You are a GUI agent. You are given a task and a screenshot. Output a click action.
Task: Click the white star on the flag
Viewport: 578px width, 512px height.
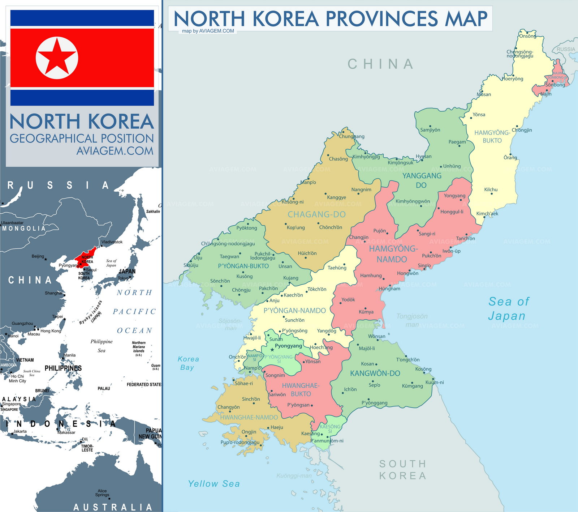[57, 58]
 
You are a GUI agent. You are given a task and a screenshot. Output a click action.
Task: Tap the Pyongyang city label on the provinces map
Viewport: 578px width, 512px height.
[288, 346]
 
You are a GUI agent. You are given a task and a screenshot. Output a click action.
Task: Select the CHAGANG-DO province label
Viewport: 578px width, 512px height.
[316, 214]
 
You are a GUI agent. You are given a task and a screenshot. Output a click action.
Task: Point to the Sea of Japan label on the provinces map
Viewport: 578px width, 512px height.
[508, 308]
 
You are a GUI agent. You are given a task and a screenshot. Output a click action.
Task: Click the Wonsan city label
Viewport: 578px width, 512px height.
[376, 336]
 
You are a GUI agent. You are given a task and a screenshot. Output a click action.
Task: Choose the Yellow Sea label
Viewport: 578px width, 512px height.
[214, 484]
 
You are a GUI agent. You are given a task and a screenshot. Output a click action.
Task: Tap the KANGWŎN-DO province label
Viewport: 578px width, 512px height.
[375, 374]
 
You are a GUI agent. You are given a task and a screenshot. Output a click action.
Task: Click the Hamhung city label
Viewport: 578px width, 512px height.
[371, 276]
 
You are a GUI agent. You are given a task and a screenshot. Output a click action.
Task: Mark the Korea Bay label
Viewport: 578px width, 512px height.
[188, 363]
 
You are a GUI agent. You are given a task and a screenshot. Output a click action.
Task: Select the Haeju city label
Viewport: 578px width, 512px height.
[277, 427]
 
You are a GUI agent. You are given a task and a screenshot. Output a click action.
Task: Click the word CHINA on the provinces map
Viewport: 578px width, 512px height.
[380, 64]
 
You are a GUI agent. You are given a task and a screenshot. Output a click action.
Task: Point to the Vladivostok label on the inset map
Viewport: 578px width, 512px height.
[112, 242]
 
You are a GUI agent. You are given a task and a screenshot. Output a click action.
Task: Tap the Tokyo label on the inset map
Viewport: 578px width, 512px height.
[123, 278]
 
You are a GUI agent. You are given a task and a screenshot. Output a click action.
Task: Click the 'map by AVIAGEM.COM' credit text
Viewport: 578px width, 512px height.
[208, 31]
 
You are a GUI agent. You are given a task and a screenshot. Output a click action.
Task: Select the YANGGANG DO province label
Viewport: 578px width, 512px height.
[422, 180]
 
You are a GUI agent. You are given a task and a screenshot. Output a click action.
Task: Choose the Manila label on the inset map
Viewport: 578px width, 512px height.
[69, 355]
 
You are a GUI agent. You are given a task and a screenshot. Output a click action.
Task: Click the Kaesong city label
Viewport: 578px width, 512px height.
[310, 434]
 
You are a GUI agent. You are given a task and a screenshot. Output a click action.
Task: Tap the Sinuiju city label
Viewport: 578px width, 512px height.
[191, 265]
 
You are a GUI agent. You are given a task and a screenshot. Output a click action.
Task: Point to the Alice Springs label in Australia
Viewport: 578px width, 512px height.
[102, 493]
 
